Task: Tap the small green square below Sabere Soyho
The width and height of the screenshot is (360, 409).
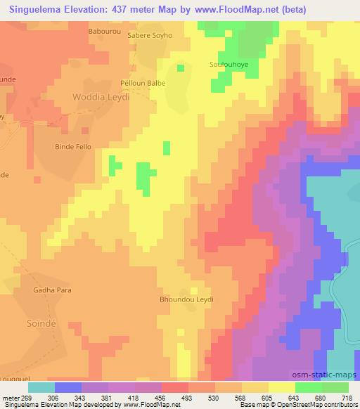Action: [181, 68]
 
